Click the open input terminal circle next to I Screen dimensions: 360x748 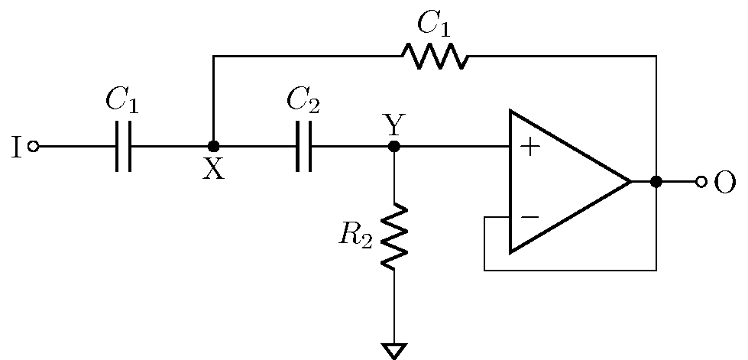point(33,146)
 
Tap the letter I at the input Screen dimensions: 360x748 point(16,147)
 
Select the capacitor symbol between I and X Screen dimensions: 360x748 point(123,146)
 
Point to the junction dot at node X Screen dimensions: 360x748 point(213,146)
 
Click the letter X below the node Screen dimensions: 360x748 point(213,170)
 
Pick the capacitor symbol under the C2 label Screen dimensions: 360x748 point(303,146)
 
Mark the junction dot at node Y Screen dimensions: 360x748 point(394,146)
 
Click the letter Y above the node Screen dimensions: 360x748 point(394,123)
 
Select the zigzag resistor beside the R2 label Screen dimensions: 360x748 point(394,236)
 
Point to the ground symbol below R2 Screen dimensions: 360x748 point(394,351)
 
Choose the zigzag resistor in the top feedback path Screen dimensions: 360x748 point(434,56)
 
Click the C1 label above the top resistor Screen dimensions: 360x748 point(433,24)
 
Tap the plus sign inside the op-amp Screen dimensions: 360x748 point(529,147)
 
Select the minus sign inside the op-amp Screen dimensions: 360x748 point(529,218)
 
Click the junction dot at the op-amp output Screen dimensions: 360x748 point(656,182)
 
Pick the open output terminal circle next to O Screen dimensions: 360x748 point(701,182)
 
